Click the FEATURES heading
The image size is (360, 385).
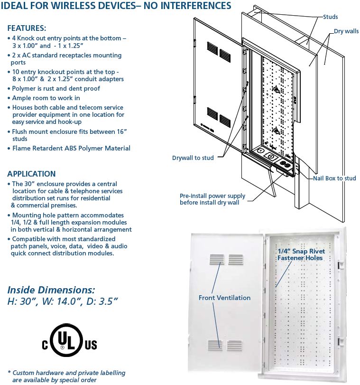27,28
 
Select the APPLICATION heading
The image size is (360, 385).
31,174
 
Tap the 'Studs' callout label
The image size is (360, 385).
330,17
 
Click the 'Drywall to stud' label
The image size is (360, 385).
193,158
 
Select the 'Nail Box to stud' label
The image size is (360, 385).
334,178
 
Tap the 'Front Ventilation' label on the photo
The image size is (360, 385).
224,298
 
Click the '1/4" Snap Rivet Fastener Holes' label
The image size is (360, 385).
300,254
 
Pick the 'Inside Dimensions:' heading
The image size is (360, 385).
51,290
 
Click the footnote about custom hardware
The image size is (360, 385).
66,376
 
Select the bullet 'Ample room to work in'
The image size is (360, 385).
43,98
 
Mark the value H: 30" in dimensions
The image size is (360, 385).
24,300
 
